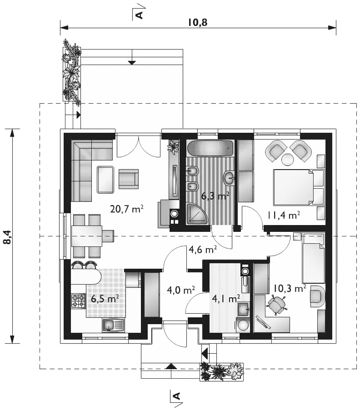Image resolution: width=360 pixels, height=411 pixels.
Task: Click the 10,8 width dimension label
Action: (x=198, y=22)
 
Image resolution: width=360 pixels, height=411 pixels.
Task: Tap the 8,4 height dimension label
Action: (x=8, y=238)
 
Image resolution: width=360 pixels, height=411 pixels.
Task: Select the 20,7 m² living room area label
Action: (x=127, y=209)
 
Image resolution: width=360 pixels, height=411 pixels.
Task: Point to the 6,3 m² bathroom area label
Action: (x=215, y=195)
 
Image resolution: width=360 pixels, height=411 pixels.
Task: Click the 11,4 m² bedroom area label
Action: (x=284, y=215)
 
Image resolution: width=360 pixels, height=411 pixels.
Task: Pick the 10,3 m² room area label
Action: (x=290, y=288)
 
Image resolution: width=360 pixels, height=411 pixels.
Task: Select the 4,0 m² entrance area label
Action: (x=181, y=290)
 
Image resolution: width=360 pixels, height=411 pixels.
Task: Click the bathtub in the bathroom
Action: (x=210, y=148)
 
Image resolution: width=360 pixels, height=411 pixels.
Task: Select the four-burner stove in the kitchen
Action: (x=79, y=301)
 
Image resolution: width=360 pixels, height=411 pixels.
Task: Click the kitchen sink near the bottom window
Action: (x=113, y=325)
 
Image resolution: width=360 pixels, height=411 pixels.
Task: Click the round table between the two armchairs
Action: (x=287, y=159)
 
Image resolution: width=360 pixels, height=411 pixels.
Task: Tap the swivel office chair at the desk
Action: (x=276, y=304)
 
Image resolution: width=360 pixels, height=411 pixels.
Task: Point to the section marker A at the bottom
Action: (x=177, y=396)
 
